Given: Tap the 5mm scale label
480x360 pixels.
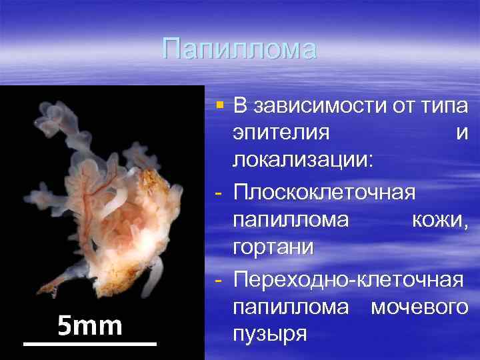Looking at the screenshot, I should pos(89,325).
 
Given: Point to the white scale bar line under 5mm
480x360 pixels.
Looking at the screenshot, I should pos(89,343).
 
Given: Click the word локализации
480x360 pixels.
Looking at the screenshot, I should pos(303,161).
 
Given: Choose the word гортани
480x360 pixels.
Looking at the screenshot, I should pos(273,247).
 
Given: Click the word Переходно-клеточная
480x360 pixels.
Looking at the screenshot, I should pos(347,278).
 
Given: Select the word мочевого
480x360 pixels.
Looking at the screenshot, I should pos(419,306).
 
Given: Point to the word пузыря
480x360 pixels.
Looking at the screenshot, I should pos(270,333).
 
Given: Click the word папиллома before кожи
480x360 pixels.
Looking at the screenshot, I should pos(291,219).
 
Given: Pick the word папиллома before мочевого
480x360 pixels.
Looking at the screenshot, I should pos(291,306).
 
